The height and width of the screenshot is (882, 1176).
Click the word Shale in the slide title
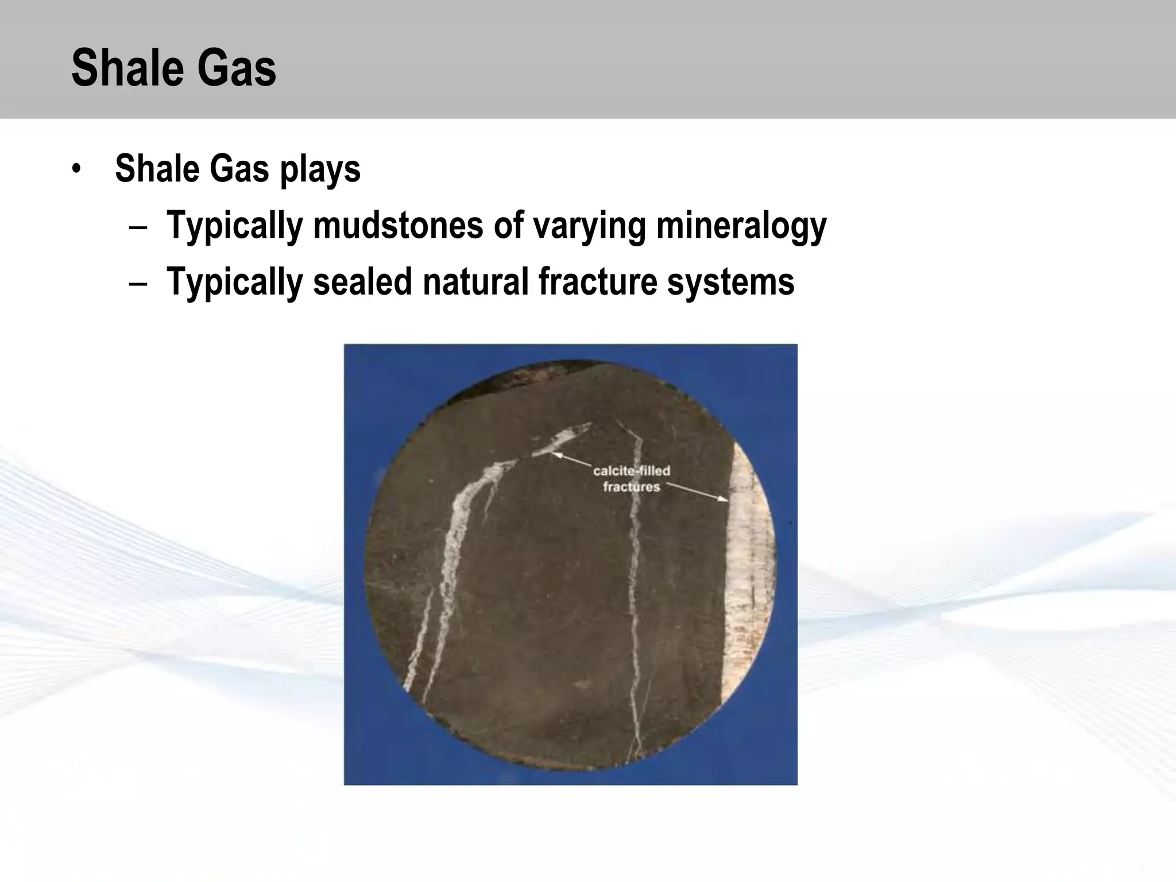point(120,68)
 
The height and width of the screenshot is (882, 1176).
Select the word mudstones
point(398,225)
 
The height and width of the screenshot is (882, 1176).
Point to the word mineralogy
point(741,226)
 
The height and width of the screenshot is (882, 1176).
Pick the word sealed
point(362,281)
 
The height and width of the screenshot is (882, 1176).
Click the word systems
point(730,283)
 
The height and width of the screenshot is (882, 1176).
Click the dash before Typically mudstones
point(138,226)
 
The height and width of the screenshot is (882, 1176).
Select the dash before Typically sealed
point(138,283)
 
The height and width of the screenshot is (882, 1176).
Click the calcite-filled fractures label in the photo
point(631,479)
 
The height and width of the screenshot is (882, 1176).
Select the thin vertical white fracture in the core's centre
point(634,574)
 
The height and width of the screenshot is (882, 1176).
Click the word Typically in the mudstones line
point(234,226)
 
